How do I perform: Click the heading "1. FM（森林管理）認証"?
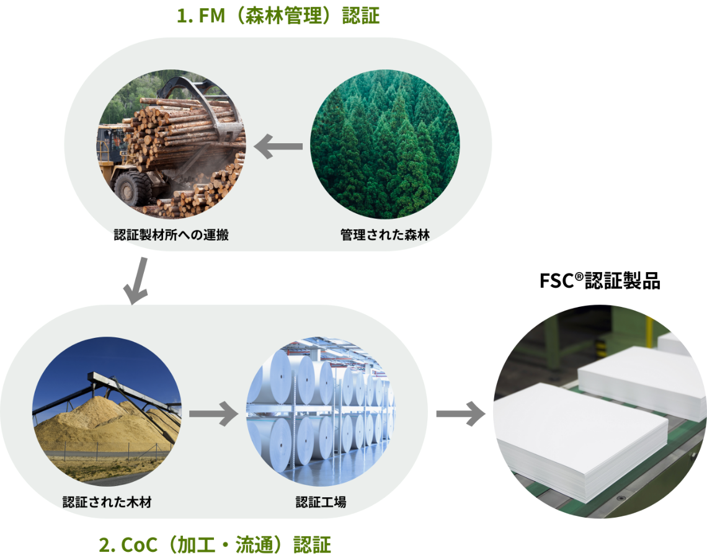pos(278,15)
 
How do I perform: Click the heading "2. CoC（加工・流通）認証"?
pos(215,544)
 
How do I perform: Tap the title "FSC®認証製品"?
pos(600,281)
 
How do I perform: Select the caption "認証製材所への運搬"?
pos(171,234)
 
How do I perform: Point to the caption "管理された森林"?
pos(385,234)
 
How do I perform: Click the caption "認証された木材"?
pos(107,502)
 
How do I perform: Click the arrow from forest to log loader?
pos(278,146)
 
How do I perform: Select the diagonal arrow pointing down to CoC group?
pos(136,280)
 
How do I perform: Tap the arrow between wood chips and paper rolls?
pos(214,414)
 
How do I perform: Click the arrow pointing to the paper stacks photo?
pos(461,414)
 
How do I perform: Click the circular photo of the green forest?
pos(385,144)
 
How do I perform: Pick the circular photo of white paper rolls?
pos(321,412)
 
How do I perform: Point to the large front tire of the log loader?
pos(133,188)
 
